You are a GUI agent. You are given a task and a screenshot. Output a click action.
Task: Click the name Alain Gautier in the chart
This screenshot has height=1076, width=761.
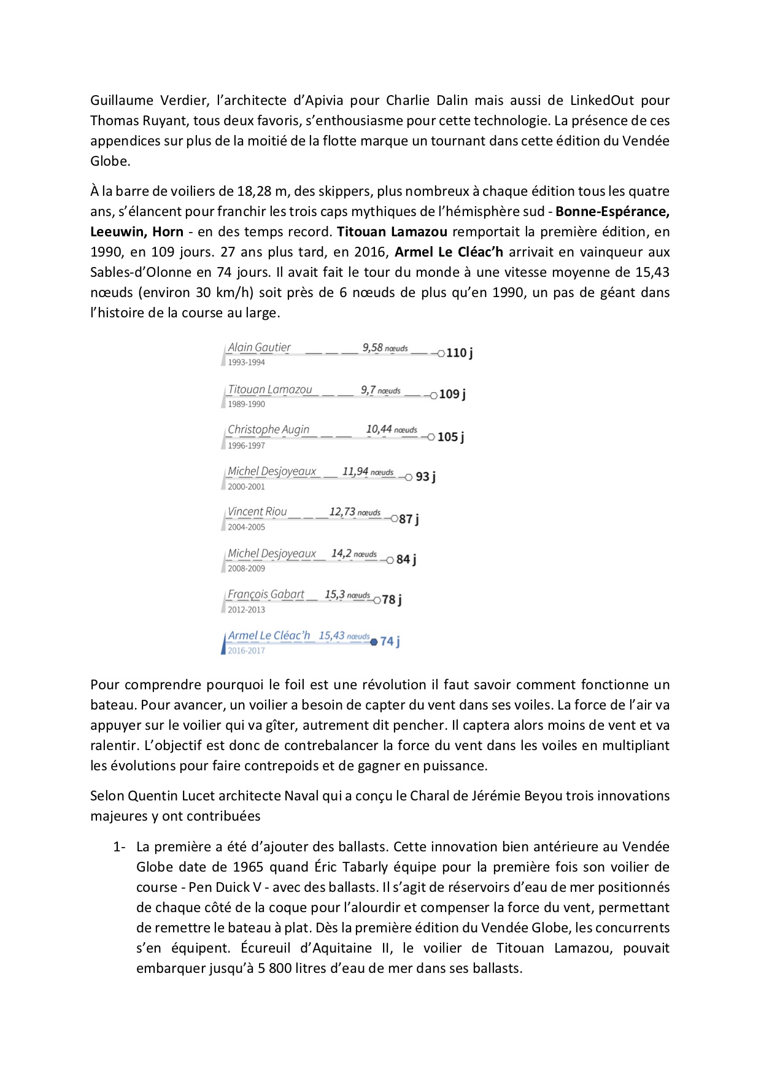click(259, 347)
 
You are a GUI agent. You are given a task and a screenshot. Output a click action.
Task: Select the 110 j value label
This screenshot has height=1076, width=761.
click(459, 353)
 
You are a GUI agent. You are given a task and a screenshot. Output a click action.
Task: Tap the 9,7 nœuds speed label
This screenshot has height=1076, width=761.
click(381, 390)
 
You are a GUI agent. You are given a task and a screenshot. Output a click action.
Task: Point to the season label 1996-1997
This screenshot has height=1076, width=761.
click(246, 446)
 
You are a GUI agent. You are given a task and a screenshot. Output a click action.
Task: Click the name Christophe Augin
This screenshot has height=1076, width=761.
click(268, 430)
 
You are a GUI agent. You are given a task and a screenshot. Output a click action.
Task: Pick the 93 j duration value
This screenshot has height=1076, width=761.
click(425, 477)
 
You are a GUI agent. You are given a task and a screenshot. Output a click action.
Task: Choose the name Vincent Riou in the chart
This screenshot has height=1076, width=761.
click(257, 512)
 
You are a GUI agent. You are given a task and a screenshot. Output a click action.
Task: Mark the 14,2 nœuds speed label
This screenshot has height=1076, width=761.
click(354, 554)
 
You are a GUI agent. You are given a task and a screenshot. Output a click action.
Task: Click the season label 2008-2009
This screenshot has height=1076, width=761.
click(246, 568)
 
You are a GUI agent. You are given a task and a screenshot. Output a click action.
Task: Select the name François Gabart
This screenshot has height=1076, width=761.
click(266, 594)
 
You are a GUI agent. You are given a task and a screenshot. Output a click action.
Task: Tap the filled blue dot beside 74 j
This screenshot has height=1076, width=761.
click(374, 642)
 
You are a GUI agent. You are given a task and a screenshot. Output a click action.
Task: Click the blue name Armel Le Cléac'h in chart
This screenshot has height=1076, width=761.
click(269, 636)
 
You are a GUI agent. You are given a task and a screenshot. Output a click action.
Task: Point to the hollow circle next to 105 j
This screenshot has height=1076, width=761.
click(431, 437)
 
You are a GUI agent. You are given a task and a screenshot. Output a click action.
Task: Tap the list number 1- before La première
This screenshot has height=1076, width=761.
click(119, 847)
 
